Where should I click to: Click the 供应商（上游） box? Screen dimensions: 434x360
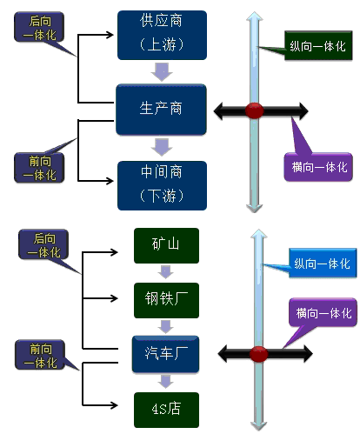162,31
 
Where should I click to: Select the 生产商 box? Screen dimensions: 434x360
162,110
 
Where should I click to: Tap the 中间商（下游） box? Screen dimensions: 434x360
162,184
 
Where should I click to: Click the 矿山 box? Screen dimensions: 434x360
166,245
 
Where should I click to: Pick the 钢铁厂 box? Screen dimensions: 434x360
166,300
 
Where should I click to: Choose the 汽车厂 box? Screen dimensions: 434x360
166,352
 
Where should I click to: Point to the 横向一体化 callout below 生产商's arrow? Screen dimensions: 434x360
320,164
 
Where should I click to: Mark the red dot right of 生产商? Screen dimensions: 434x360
254,110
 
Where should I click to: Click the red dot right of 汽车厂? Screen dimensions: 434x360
258,353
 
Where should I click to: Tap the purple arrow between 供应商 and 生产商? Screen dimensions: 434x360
162,70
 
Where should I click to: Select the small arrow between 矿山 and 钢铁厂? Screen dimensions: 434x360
166,272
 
